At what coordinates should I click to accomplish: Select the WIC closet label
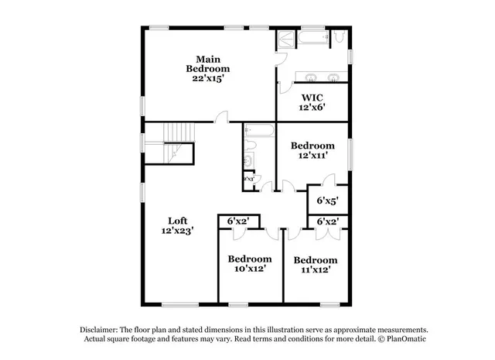point(313,98)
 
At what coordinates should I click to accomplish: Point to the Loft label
point(177,220)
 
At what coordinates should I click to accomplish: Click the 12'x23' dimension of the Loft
point(177,230)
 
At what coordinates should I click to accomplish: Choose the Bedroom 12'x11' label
point(312,146)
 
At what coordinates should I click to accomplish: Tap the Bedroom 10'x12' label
point(249,259)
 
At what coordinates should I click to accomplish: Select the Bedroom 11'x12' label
point(316,259)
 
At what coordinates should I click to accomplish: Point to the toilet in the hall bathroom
point(249,161)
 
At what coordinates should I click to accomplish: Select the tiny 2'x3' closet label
point(249,180)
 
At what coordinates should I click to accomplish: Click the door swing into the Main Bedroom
point(224,117)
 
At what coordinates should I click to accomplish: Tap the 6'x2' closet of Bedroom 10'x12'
point(237,222)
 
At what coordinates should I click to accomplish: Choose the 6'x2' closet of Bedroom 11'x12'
point(327,222)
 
